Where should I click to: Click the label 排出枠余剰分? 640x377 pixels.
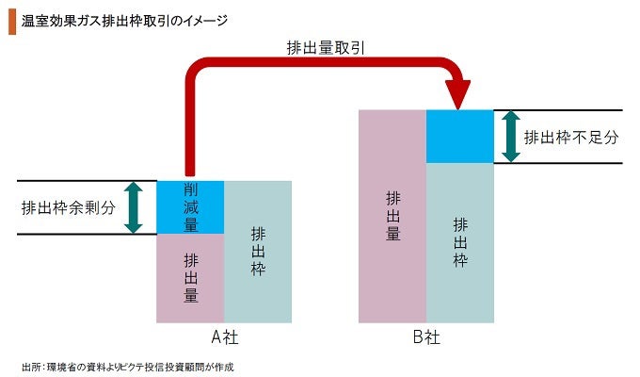click(x=68, y=207)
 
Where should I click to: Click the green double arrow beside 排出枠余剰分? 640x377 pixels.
click(x=132, y=207)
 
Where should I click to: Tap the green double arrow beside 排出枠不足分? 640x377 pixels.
click(x=509, y=137)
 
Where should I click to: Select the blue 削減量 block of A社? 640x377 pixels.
click(x=190, y=207)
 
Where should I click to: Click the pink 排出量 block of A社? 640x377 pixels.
click(x=190, y=277)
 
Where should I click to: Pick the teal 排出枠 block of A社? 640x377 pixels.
click(x=258, y=251)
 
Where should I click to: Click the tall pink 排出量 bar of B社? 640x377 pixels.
click(x=392, y=216)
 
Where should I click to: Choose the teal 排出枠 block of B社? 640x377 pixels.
click(x=459, y=242)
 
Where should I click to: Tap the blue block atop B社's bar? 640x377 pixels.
click(x=459, y=137)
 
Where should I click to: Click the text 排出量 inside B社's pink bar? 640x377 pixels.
click(x=393, y=216)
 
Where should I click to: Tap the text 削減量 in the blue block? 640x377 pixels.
click(x=190, y=207)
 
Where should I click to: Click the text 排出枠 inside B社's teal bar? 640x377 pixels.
click(x=460, y=242)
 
